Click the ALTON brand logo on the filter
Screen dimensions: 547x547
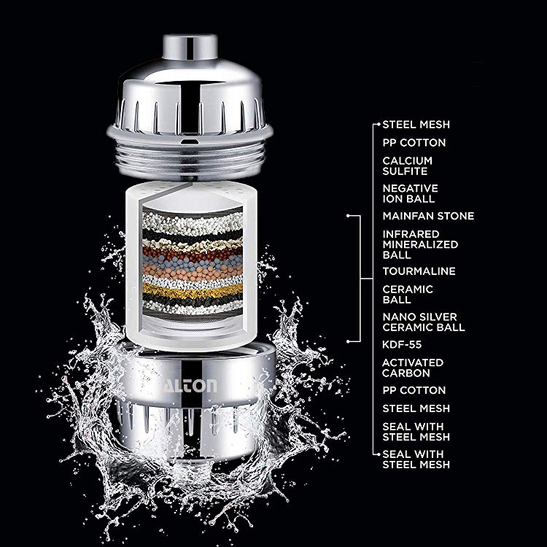[x=190, y=386]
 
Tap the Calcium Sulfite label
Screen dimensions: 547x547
[x=407, y=166]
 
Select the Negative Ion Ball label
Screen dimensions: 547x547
[x=410, y=193]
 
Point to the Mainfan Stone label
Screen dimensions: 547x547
[x=428, y=216]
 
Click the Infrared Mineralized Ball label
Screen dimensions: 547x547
[x=420, y=244]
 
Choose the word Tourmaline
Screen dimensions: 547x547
[x=419, y=271]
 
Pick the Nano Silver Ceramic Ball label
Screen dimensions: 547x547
[x=424, y=322]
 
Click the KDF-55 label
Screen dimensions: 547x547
[x=402, y=345]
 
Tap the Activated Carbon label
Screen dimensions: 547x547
[x=412, y=368]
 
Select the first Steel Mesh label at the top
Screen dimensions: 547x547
[x=416, y=125]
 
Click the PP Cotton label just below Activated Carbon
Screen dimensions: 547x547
[x=414, y=390]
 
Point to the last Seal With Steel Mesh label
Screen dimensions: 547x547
[x=416, y=459]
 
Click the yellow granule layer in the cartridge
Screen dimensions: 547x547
[x=193, y=290]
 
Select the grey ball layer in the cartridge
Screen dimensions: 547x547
[x=193, y=261]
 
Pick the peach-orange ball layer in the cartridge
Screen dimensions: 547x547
[x=193, y=271]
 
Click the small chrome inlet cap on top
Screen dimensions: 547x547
[x=190, y=47]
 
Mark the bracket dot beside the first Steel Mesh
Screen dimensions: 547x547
[x=379, y=124]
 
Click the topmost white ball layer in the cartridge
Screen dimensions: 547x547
[x=193, y=222]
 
